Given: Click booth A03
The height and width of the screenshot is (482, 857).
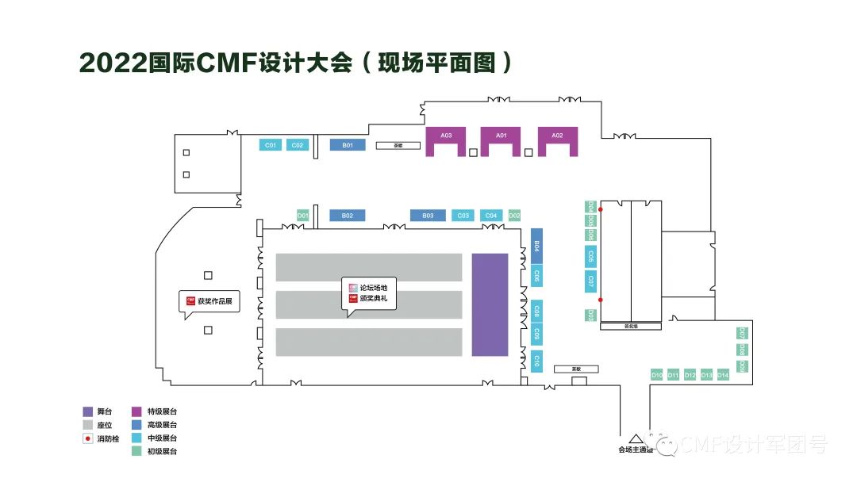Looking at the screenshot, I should [x=447, y=136].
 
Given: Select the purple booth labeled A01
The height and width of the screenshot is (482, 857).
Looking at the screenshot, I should [x=501, y=136].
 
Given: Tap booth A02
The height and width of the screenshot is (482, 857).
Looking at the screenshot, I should [x=557, y=136].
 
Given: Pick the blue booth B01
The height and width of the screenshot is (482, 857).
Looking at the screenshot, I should [x=348, y=145].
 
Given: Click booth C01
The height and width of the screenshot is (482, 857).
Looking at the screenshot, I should [x=271, y=145].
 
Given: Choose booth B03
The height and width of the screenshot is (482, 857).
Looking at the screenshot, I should [x=428, y=215].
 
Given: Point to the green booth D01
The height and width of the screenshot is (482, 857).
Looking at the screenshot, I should [x=302, y=215].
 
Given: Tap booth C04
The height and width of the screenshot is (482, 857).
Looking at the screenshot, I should [x=490, y=215].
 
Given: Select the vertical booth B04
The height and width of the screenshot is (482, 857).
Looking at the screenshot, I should [x=536, y=247].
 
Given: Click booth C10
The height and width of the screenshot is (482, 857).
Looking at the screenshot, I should [x=536, y=361].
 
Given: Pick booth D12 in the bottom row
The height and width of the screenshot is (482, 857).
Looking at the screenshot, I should [x=690, y=375].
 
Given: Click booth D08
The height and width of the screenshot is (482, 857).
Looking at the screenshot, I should [x=742, y=350].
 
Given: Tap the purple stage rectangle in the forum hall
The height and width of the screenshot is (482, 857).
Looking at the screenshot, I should [x=490, y=304].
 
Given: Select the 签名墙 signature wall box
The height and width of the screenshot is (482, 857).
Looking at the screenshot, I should [x=631, y=326].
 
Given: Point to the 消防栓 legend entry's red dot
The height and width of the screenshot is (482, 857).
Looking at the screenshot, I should [x=88, y=438].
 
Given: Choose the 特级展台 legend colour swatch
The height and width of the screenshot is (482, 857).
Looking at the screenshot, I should [x=136, y=411].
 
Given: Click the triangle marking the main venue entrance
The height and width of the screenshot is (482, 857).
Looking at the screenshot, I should [x=634, y=438].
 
